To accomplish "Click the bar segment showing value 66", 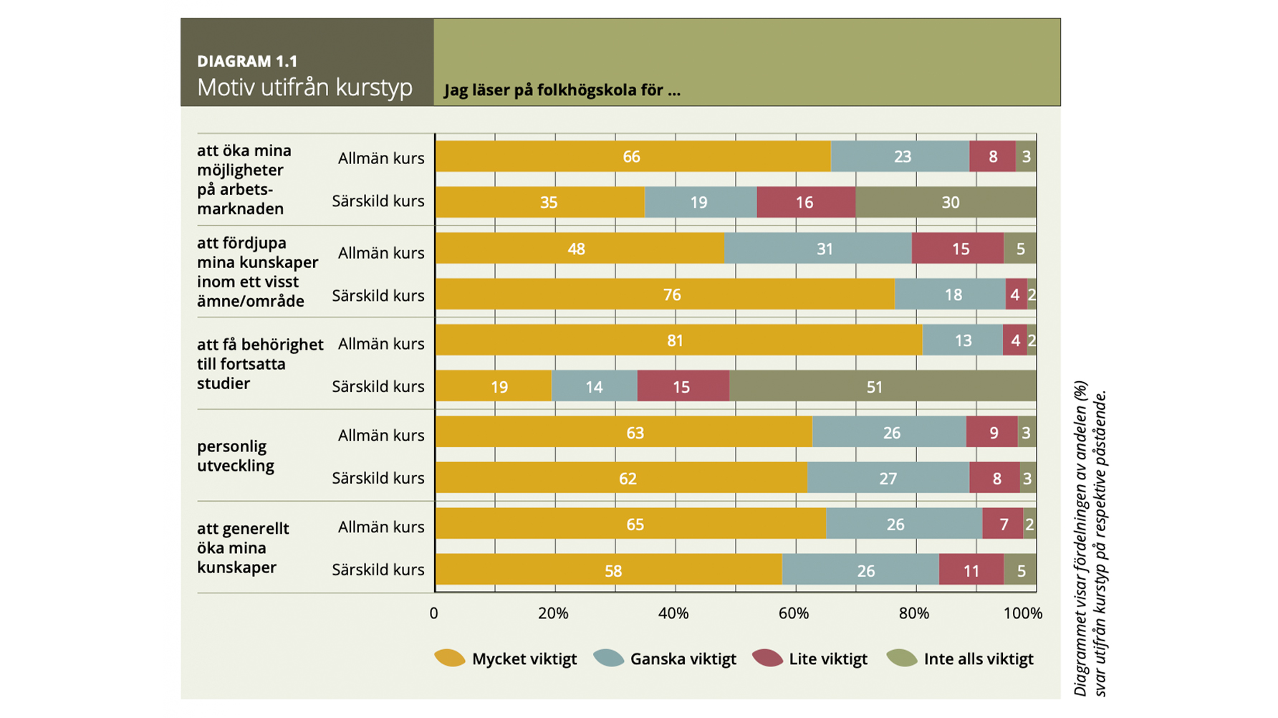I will (632, 156).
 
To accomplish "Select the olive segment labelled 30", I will (946, 202).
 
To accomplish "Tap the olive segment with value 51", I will (883, 386).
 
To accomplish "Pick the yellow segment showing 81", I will (678, 340).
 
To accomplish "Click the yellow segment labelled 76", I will (664, 295).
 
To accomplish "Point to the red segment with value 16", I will (805, 202).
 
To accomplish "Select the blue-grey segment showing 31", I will (817, 249).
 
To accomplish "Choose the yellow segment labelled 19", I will (493, 386).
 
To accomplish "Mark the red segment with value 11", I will (971, 570).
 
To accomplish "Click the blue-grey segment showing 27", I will (888, 478).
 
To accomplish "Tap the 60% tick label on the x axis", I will (793, 613).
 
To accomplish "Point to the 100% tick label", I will (1022, 613).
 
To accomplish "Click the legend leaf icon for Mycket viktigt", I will (450, 658).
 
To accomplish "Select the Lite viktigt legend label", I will (827, 659).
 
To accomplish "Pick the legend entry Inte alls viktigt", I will (978, 659).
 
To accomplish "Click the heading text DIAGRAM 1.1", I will (247, 62).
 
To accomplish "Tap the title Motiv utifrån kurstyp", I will (304, 87).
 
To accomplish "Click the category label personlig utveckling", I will (235, 456).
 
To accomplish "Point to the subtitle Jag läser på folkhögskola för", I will (562, 90).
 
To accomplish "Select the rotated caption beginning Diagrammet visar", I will (1090, 537).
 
